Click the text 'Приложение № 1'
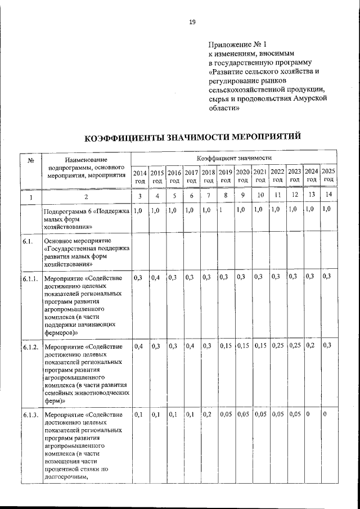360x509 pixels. [236, 44]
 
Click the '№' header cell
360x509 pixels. [30, 161]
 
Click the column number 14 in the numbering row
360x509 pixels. [328, 195]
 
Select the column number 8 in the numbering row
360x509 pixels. [226, 195]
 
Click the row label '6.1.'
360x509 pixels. [29, 241]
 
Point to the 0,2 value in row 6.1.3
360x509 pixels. [207, 415]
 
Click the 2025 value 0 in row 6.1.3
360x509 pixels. [325, 415]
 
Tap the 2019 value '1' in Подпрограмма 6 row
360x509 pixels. [221, 210]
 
